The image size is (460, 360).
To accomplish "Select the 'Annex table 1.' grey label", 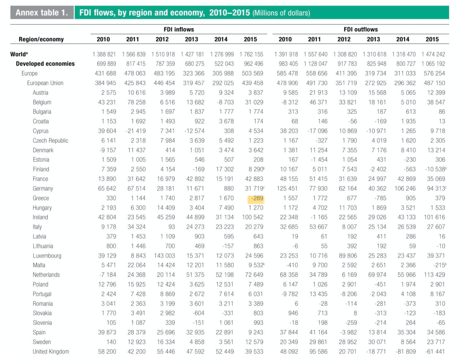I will pyautogui.click(x=42, y=13).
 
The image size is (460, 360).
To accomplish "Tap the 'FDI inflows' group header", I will pyautogui.click(x=179, y=29).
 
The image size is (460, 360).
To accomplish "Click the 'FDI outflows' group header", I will pyautogui.click(x=361, y=29).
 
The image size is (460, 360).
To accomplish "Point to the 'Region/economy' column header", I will pyautogui.click(x=41, y=39).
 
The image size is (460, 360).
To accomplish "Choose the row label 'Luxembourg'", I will pyautogui.click(x=47, y=256).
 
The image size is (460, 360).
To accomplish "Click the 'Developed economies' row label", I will pyautogui.click(x=45, y=64).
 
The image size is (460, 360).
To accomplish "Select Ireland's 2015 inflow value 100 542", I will pyautogui.click(x=252, y=217).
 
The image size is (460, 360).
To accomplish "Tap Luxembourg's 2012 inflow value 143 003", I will pyautogui.click(x=164, y=256).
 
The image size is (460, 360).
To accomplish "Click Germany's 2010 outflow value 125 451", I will pyautogui.click(x=287, y=188).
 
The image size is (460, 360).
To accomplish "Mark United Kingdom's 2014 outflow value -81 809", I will pyautogui.click(x=405, y=351).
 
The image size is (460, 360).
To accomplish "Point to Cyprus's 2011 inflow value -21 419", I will pyautogui.click(x=135, y=131).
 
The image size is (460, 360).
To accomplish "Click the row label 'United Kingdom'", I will pyautogui.click(x=51, y=351).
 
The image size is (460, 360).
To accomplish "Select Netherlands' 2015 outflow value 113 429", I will pyautogui.click(x=434, y=275).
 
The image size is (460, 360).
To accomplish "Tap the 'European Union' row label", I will pyautogui.click(x=45, y=83).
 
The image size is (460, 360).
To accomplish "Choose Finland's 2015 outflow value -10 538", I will pyautogui.click(x=434, y=169).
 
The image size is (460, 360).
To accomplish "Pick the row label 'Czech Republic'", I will pyautogui.click(x=50, y=140).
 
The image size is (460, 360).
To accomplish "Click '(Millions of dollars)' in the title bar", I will pyautogui.click(x=281, y=13).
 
